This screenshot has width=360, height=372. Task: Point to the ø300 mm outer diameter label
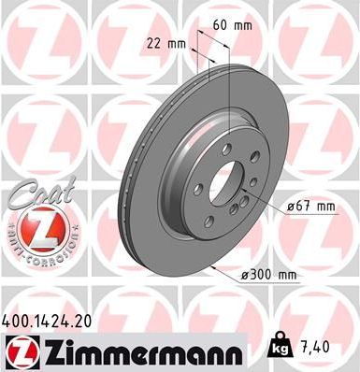pos(267,274)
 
